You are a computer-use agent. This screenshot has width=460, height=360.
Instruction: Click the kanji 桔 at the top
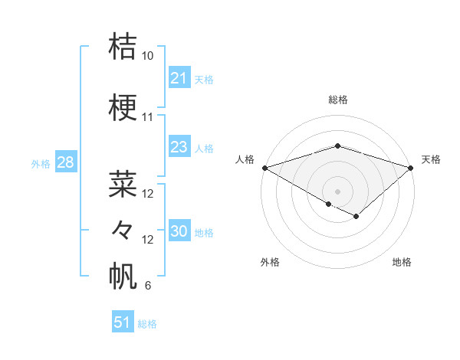pyautogui.click(x=123, y=46)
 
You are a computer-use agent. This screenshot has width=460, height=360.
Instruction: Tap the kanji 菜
pyautogui.click(x=123, y=184)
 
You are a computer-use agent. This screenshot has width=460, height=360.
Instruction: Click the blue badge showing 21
pyautogui.click(x=179, y=78)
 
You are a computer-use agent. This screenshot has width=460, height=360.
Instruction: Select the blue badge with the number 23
pyautogui.click(x=179, y=147)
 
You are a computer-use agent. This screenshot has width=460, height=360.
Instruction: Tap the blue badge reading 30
pyautogui.click(x=179, y=232)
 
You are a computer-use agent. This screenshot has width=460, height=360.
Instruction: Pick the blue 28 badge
pyautogui.click(x=65, y=162)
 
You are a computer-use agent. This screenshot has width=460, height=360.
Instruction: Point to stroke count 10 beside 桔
pyautogui.click(x=148, y=56)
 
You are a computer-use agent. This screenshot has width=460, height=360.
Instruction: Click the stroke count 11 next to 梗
pyautogui.click(x=148, y=118)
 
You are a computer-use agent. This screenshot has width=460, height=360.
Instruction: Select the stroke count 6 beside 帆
pyautogui.click(x=147, y=286)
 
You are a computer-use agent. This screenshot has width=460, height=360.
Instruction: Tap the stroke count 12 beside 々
pyautogui.click(x=148, y=240)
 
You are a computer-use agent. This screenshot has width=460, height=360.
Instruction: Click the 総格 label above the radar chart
pyautogui.click(x=338, y=100)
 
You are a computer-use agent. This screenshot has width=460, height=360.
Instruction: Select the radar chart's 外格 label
pyautogui.click(x=270, y=262)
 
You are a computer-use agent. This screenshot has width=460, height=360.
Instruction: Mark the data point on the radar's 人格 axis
pyautogui.click(x=264, y=167)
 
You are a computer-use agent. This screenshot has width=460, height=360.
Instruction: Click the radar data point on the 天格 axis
pyautogui.click(x=412, y=167)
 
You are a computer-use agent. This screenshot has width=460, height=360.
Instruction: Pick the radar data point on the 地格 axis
pyautogui.click(x=356, y=217)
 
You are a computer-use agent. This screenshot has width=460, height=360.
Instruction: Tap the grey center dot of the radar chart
pyautogui.click(x=338, y=190)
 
